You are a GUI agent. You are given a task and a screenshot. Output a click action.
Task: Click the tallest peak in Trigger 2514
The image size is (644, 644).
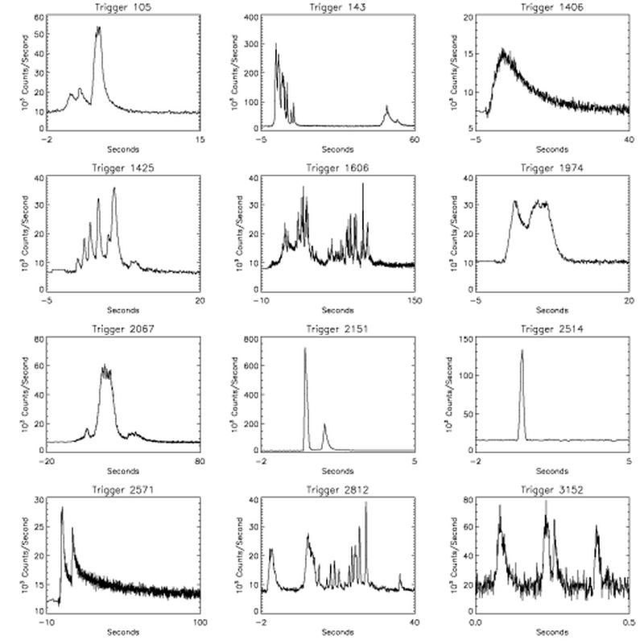522,351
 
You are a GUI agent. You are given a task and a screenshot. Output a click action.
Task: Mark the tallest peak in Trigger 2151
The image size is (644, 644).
305,349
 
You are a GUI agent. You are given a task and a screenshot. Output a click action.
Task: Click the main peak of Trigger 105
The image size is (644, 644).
98,28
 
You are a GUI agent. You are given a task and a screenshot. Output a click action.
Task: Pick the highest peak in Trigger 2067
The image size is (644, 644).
104,366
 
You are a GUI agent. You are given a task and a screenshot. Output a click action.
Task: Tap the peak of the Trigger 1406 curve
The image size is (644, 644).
505,50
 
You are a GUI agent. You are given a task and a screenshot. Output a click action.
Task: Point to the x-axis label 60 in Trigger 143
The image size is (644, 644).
414,139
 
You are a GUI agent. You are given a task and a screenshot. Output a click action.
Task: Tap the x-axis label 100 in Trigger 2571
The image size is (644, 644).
200,622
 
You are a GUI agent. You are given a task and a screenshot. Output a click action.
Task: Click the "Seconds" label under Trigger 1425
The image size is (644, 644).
123,310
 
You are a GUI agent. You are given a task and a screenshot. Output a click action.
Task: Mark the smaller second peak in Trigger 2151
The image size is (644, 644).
325,425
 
